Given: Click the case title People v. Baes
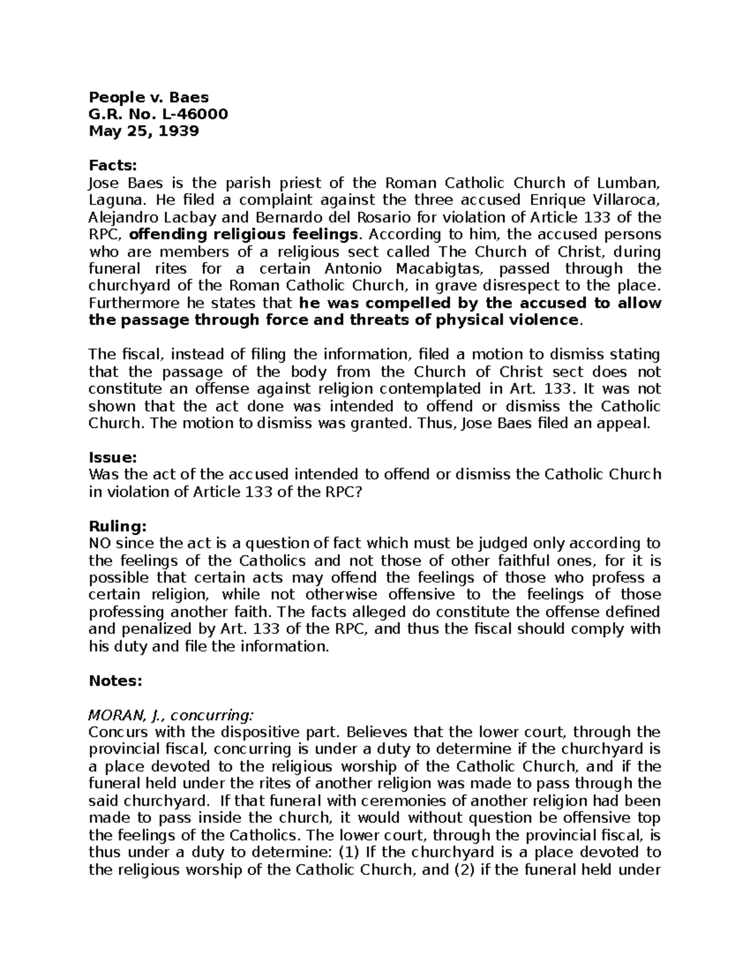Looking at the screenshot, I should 149,98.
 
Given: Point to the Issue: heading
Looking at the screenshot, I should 112,457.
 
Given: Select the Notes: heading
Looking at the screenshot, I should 116,680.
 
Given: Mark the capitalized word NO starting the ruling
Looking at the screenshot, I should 100,543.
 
